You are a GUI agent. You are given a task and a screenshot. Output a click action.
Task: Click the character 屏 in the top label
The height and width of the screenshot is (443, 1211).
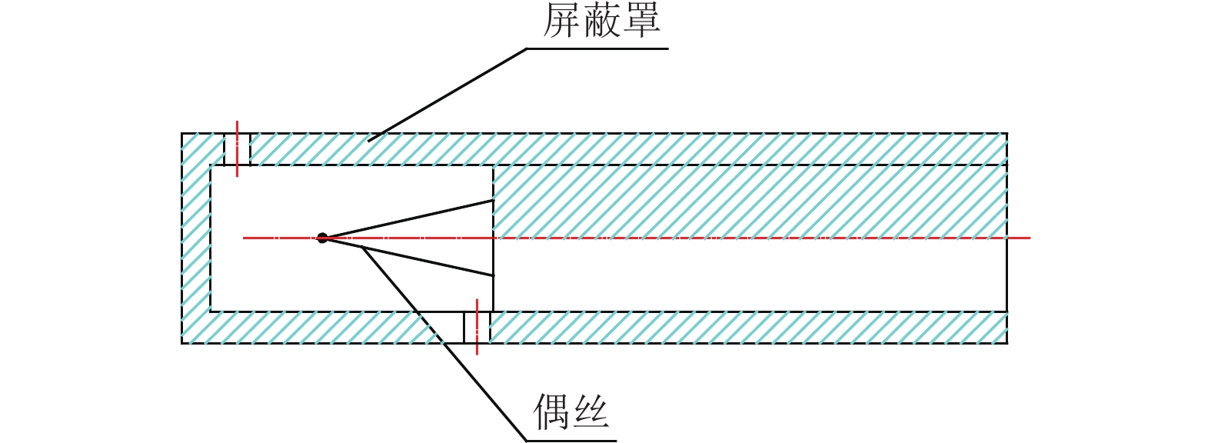(562, 21)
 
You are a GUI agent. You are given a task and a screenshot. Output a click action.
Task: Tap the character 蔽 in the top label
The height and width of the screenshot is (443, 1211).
(601, 21)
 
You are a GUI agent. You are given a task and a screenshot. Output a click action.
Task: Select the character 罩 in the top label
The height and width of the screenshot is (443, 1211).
(641, 21)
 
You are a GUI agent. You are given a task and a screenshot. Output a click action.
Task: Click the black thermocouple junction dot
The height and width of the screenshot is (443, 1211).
(323, 238)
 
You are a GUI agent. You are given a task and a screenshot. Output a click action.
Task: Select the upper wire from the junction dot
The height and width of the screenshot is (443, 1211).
(408, 218)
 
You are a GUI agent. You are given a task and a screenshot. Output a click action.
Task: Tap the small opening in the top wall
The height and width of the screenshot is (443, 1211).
(237, 149)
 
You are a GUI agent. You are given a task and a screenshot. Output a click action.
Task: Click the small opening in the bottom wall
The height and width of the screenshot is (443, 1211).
(477, 328)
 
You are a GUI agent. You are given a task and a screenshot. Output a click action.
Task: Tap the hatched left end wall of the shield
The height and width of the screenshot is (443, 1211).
(196, 246)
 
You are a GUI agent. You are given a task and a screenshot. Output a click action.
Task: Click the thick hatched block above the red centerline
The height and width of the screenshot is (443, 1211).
(750, 200)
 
